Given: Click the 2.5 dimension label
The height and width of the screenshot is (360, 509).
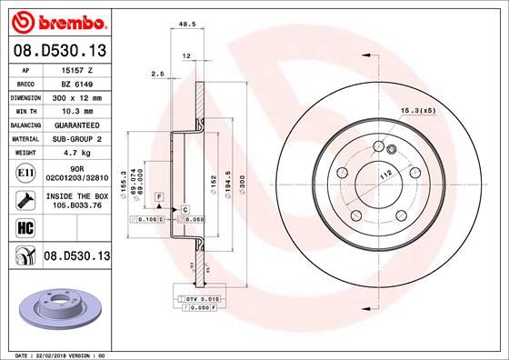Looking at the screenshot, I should click(156, 74).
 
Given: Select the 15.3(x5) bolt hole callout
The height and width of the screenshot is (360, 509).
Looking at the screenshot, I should click(415, 111).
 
